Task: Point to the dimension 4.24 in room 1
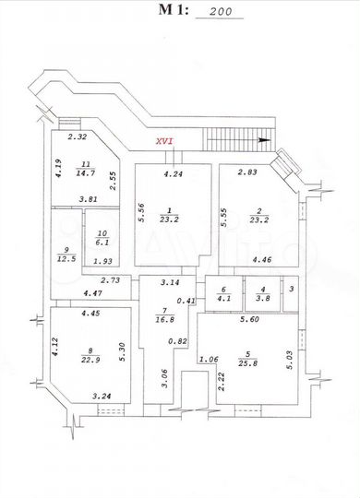173,172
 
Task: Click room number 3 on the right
290,290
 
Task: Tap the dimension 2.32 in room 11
78,137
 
